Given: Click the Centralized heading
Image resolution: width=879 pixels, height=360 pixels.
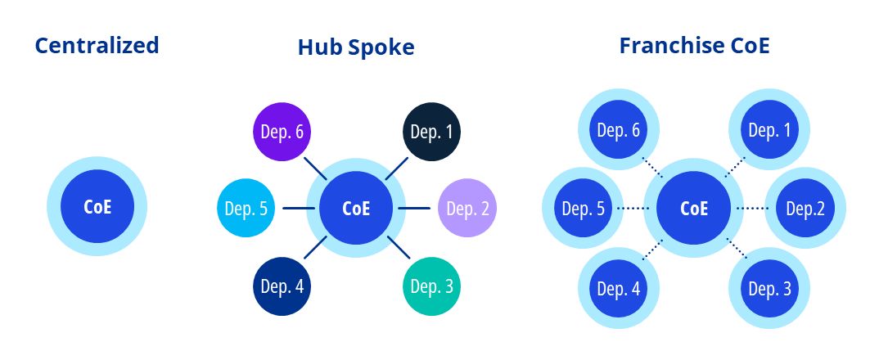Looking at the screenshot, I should coord(97,45).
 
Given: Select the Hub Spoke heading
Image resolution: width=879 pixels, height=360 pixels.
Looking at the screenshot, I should coord(356,48).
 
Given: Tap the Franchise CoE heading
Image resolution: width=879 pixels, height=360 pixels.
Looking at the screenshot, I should coord(694,45).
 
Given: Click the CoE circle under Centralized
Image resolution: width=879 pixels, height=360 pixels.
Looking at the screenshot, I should coord(97,206).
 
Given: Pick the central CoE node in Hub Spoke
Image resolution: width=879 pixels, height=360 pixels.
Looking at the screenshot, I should coord(356,208).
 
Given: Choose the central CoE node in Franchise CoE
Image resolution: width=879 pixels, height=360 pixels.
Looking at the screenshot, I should coord(694,208).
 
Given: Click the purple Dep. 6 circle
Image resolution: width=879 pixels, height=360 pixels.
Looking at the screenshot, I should coord(281,131).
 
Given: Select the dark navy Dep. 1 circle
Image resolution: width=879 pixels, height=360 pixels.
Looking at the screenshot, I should coord(432,131).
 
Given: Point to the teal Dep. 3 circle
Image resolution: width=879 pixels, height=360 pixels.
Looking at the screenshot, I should coord(431,286).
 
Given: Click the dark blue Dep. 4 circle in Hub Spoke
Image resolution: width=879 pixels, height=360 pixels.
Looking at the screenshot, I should coord(282,286).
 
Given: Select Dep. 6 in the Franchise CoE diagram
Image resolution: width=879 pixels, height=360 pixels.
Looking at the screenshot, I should coord(619,130).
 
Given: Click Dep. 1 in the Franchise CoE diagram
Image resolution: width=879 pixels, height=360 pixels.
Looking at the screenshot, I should coord(769,130).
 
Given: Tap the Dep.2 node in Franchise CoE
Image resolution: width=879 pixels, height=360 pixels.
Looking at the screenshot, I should coord(805,209).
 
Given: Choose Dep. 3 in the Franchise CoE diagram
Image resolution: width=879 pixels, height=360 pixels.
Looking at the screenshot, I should coord(769,288).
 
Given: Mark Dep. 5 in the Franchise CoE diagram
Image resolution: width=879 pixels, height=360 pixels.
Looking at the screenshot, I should coord(584,209).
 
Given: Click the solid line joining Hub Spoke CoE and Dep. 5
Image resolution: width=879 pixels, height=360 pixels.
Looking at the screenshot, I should coord(298,209).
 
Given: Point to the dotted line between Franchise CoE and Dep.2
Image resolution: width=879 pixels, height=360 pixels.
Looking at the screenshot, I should coord(751,209).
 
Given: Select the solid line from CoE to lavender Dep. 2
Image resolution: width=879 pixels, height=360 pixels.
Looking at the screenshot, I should coord(414,209).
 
